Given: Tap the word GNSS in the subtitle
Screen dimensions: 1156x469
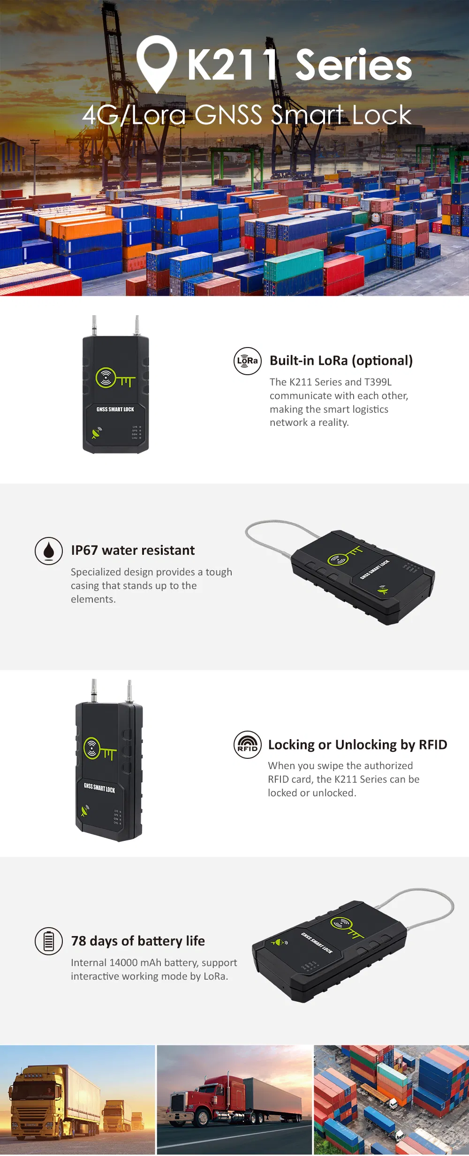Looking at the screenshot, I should [x=228, y=115].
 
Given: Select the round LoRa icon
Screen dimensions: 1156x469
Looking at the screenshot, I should [x=248, y=361].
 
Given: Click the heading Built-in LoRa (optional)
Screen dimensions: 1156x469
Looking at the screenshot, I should [x=341, y=360].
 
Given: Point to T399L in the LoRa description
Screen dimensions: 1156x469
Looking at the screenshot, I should [x=378, y=382].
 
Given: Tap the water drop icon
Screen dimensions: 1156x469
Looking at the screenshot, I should [x=49, y=551].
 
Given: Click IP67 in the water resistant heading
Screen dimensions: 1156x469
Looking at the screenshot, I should [x=84, y=550].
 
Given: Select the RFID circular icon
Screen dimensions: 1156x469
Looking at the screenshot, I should [x=248, y=744].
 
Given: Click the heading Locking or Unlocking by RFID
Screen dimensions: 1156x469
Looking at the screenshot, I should [x=357, y=744].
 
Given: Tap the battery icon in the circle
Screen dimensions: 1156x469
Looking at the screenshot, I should [x=49, y=941].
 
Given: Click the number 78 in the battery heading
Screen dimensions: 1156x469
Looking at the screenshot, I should [x=78, y=941].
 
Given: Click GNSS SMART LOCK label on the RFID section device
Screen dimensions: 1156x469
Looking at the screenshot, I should [x=99, y=787].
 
